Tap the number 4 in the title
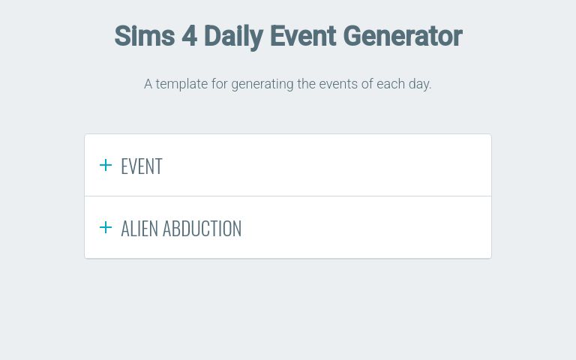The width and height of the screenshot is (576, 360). coord(189,36)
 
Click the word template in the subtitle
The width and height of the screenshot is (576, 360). coord(181,84)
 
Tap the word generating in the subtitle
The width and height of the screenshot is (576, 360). coord(262,84)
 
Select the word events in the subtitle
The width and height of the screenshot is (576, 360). coord(338,84)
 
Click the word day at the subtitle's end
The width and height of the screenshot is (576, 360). coord(419,85)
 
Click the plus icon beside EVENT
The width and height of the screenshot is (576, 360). coord(106,165)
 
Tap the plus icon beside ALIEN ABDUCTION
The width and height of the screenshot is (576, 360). coord(106,227)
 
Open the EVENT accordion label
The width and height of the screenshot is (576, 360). coord(142,166)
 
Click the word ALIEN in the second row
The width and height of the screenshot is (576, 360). coord(139,229)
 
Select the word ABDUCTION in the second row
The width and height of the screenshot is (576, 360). coord(202,229)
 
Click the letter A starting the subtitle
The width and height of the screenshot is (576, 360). coord(148,84)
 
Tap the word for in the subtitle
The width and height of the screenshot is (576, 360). coord(219,84)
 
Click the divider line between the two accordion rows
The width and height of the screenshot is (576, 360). coord(288,196)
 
